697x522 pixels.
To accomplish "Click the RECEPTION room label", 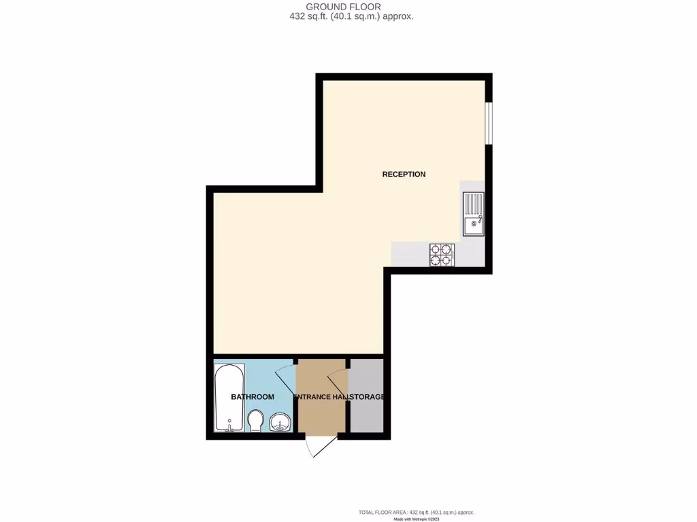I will coord(404,174).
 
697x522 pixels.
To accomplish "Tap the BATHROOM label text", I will coord(252,397).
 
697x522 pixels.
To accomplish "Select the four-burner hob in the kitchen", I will coord(442,255).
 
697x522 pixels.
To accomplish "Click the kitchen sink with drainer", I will coord(473,213).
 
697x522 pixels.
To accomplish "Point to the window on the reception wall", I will coord(488,123).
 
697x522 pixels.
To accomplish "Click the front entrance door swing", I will coord(319,447).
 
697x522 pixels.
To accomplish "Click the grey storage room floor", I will coord(366,415).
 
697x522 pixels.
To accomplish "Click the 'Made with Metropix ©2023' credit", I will coord(417,519).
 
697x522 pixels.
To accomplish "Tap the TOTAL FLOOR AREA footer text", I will coord(416,512).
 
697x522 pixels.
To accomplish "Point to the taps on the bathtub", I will coord(230,428).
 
